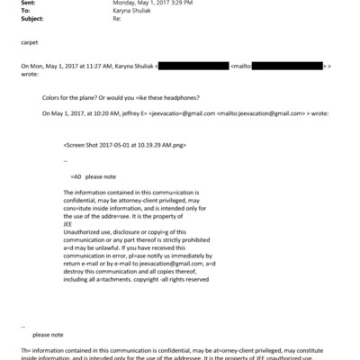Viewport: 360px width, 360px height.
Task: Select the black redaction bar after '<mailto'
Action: pos(289,67)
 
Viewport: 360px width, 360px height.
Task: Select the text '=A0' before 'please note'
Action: pos(76,177)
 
